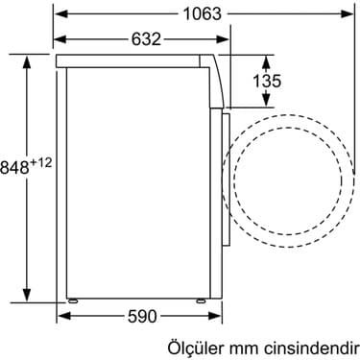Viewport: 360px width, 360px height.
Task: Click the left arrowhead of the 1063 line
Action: pyautogui.click(x=59, y=14)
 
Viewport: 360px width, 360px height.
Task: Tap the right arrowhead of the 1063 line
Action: pyautogui.click(x=348, y=14)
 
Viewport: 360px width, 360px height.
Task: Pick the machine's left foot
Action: pyautogui.click(x=72, y=299)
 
